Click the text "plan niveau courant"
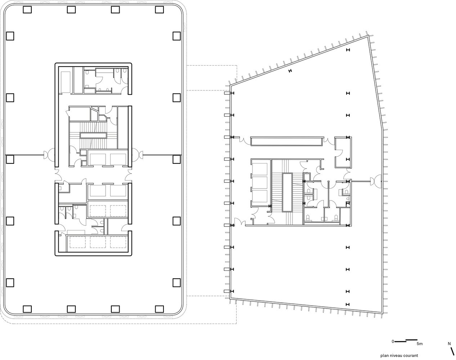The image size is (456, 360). coord(399,356)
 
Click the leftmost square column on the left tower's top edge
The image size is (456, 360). coord(27,10)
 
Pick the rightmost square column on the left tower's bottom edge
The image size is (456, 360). coord(159,309)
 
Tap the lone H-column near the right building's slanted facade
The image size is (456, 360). coord(290,71)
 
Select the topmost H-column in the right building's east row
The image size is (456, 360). coord(348,50)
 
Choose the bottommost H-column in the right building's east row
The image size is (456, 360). coord(348,304)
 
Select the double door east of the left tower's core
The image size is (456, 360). coord(137,155)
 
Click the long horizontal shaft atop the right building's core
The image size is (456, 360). coord(287,141)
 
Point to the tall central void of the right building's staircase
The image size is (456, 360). coord(287,192)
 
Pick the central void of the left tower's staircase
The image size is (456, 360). coord(93,135)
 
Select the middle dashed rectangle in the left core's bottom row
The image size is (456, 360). coord(98,242)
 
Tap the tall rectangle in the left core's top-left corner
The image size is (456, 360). coord(66,82)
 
